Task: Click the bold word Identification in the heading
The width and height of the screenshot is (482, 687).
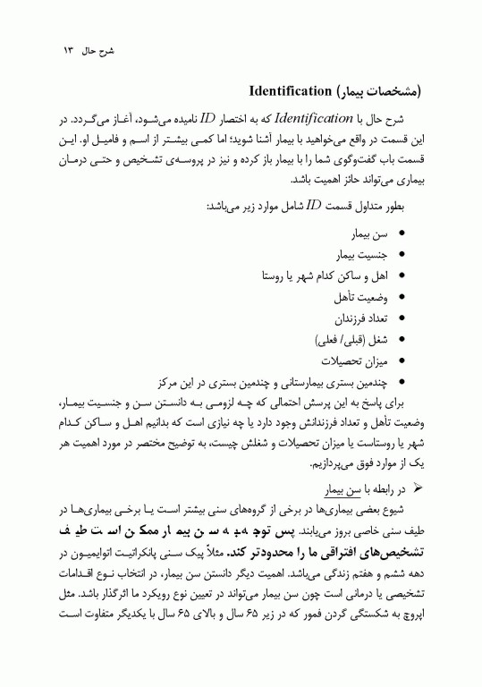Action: (285, 91)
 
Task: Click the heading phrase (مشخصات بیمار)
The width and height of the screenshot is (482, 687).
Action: (375, 91)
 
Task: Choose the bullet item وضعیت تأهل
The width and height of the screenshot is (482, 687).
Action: (361, 295)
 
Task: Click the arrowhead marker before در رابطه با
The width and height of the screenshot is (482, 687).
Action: (413, 489)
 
